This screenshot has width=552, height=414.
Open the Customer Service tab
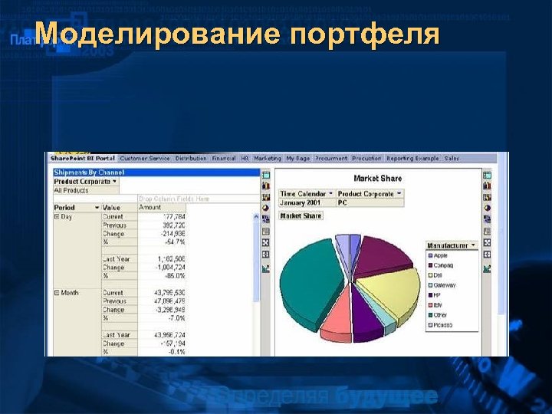(x=145, y=158)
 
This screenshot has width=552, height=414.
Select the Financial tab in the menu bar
(x=224, y=158)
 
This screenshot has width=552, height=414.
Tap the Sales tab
(x=452, y=158)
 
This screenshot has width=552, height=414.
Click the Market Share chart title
(x=377, y=179)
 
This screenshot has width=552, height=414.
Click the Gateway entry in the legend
(x=444, y=285)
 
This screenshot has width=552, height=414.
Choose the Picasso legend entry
(x=443, y=325)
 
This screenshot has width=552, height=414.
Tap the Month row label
(x=69, y=293)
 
